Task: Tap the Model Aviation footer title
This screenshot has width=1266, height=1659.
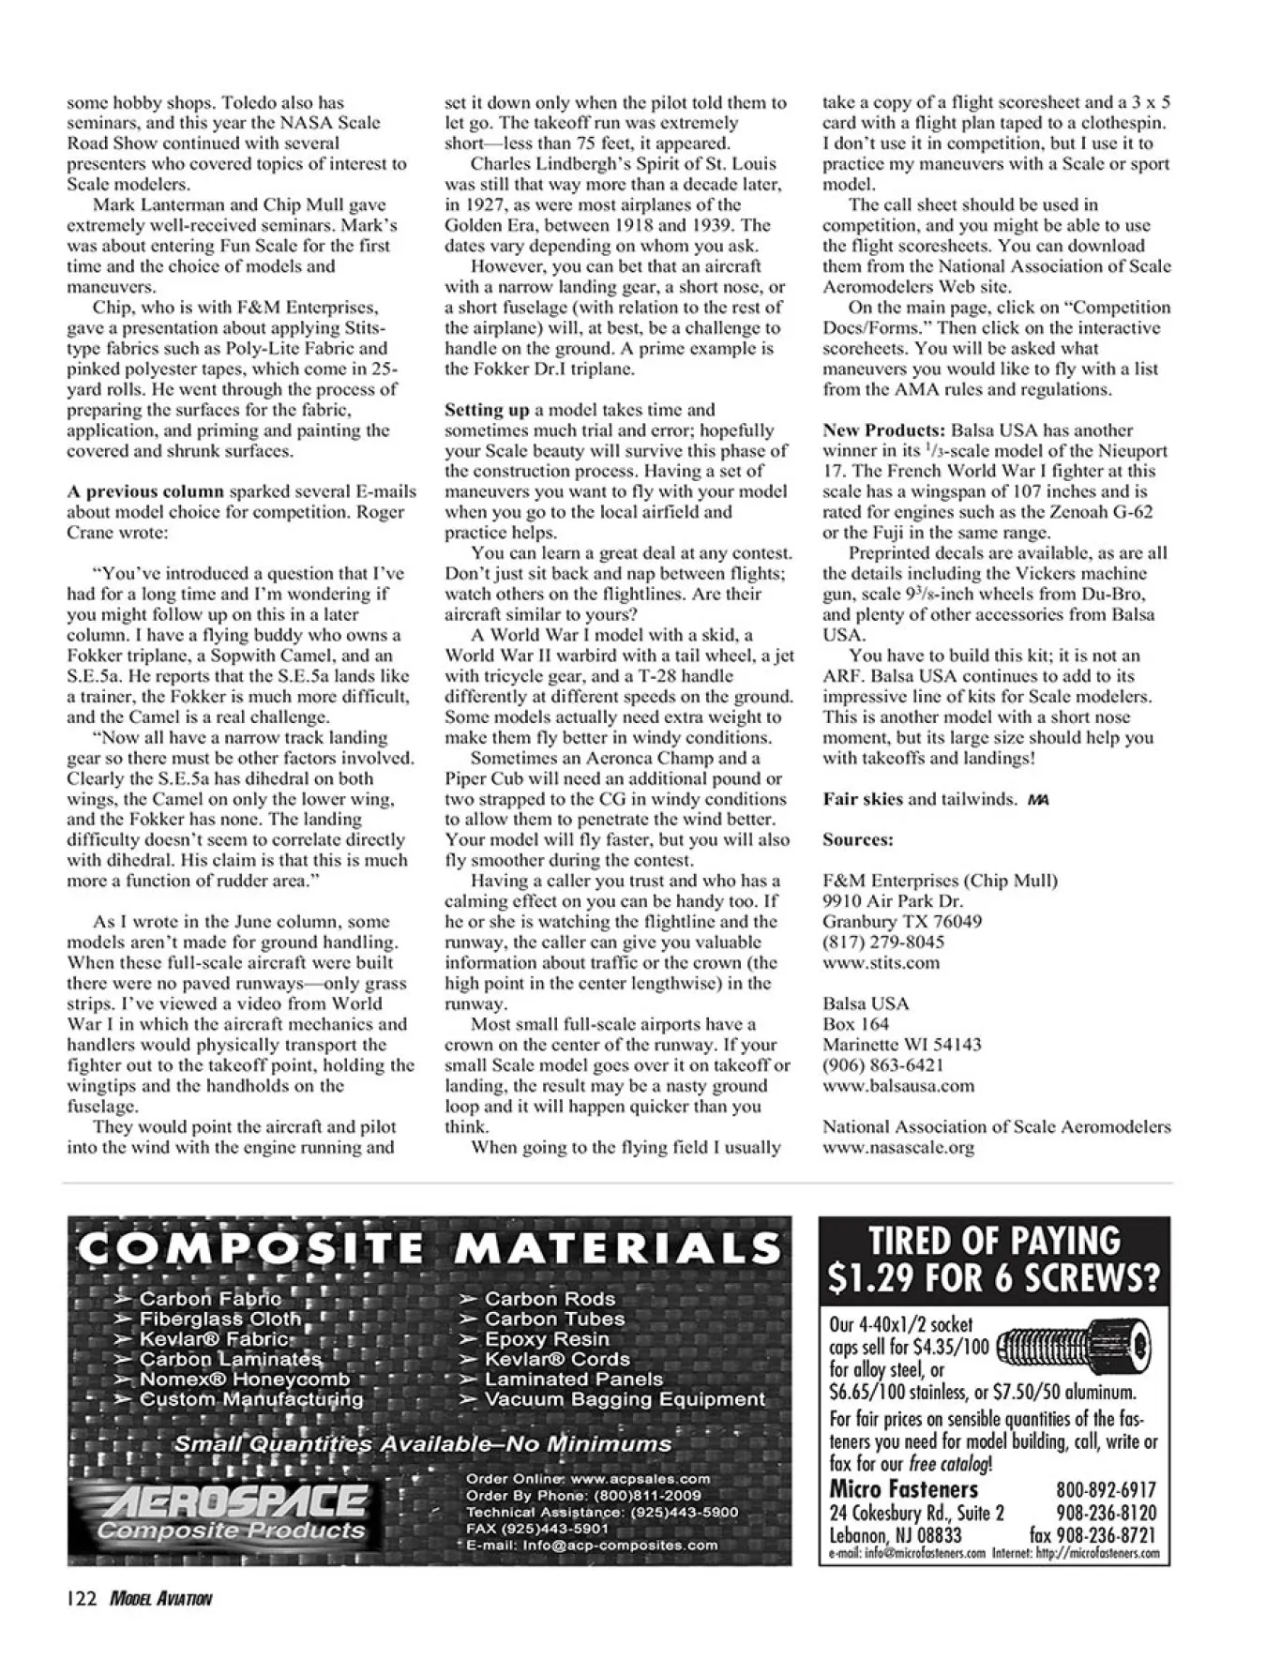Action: [x=160, y=1599]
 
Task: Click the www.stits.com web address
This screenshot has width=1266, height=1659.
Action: [x=867, y=962]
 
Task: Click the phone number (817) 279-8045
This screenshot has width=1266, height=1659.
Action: [x=870, y=942]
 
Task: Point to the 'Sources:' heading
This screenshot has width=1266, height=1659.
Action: [x=858, y=839]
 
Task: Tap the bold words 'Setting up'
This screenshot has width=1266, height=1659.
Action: [x=487, y=410]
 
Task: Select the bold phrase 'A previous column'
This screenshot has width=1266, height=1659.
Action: [x=145, y=491]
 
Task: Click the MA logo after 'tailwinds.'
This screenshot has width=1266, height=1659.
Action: [x=1037, y=799]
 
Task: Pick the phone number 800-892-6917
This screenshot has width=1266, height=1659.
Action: [x=1106, y=1490]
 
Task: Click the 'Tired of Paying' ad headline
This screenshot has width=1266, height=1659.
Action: [x=994, y=1259]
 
